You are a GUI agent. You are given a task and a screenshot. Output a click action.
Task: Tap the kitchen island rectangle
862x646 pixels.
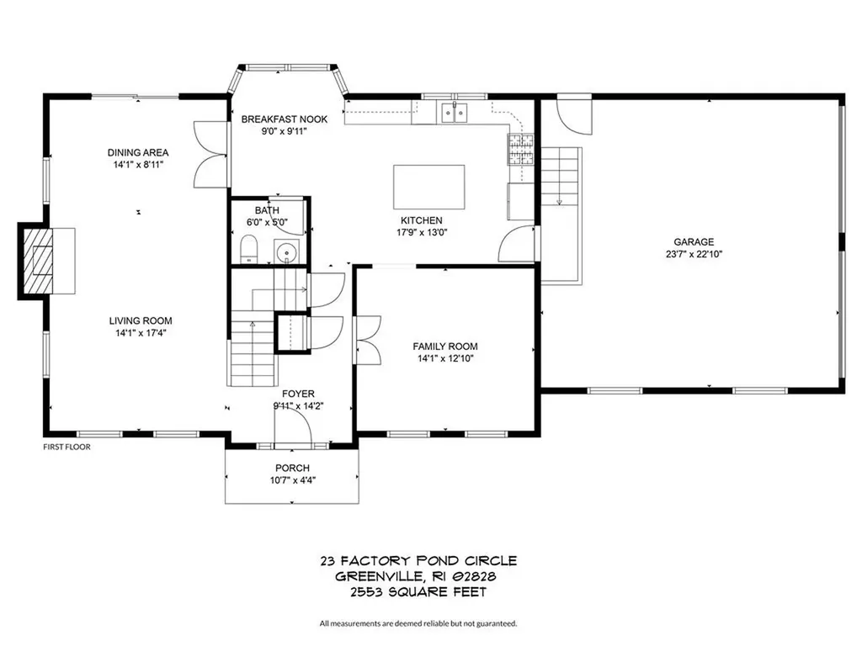click(x=429, y=186)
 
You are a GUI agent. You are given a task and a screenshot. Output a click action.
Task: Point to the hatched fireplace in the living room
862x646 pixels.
click(x=37, y=261)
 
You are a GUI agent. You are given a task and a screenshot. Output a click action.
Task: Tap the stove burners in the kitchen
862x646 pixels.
click(x=519, y=149)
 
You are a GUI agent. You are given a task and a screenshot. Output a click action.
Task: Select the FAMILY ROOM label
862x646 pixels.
click(x=444, y=347)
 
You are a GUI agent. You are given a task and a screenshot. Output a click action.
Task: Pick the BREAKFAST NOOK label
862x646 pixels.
click(x=284, y=119)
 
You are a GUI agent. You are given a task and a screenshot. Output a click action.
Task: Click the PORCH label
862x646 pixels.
click(x=292, y=468)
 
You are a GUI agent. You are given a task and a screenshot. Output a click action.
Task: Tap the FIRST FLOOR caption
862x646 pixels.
click(x=67, y=447)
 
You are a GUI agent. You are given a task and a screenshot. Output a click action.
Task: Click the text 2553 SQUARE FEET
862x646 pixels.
click(x=418, y=592)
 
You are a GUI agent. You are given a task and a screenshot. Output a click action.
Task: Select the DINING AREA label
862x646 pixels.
click(x=138, y=152)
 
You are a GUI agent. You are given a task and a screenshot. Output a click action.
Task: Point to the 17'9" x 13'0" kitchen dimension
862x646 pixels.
click(x=421, y=234)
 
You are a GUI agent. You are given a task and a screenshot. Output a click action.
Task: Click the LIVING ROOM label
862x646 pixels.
click(x=141, y=320)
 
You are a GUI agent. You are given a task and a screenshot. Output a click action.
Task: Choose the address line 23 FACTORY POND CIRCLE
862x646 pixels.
click(x=418, y=560)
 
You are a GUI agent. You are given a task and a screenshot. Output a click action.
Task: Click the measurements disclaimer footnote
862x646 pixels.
click(x=418, y=623)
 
